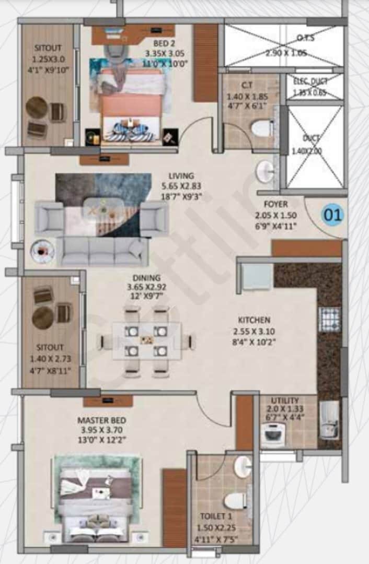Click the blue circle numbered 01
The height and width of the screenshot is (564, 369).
click(x=333, y=214)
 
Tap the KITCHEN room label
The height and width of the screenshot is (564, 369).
click(x=254, y=320)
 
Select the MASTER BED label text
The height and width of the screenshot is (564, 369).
click(x=101, y=420)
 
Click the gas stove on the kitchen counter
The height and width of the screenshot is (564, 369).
click(x=329, y=319)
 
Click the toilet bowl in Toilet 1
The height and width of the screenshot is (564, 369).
click(x=236, y=500)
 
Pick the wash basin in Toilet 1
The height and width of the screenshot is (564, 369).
click(x=243, y=466)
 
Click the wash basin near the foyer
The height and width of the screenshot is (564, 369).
click(x=265, y=170)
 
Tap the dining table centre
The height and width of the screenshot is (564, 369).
click(x=146, y=340)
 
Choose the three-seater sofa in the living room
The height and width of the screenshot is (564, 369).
click(x=102, y=252)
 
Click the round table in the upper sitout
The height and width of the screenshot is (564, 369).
click(x=37, y=108)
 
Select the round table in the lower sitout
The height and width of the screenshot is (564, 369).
click(x=43, y=317)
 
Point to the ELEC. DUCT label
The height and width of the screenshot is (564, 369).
click(x=312, y=81)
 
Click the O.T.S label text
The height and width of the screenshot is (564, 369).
click(x=305, y=38)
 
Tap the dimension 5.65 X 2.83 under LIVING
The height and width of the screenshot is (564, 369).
click(x=181, y=186)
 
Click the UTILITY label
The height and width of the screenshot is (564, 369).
click(x=285, y=400)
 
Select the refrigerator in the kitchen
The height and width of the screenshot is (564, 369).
click(x=257, y=276)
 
